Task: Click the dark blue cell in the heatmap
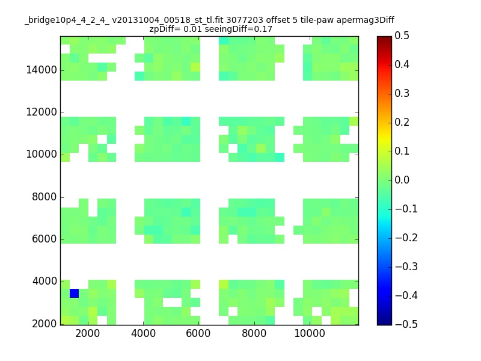point(74,293)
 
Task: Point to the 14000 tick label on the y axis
point(41,70)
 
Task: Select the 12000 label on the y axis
point(41,112)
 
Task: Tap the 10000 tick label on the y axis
point(41,154)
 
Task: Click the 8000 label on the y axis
point(44,197)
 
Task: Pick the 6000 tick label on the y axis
point(44,239)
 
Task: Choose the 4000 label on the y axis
point(44,281)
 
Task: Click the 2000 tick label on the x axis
point(87,333)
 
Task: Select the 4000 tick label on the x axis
point(143,333)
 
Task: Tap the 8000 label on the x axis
point(254,333)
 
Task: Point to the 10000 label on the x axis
point(310,333)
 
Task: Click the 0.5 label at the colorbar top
point(402,35)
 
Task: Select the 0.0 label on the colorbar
point(402,180)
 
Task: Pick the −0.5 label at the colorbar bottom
point(406,324)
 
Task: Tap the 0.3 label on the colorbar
point(402,93)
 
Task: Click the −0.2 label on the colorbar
point(406,238)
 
